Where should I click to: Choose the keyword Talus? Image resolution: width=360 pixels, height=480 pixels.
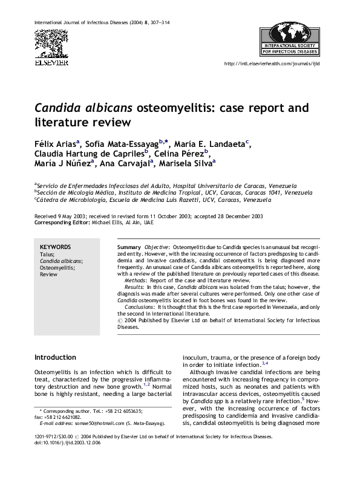[x=47, y=255]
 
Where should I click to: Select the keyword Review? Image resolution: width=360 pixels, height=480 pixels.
[x=48, y=274]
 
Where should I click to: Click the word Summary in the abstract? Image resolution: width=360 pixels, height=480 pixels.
[x=128, y=248]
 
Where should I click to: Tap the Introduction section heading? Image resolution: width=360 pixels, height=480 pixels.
[x=56, y=358]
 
